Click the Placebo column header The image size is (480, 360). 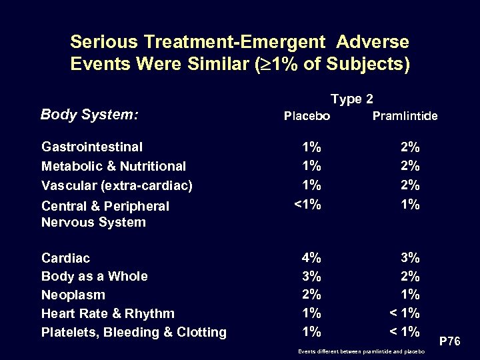pos(307,116)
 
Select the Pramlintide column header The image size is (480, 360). pos(405,116)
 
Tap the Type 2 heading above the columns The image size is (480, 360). pos(351,99)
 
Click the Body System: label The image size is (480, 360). pos(89,115)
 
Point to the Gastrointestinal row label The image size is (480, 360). pos(92,146)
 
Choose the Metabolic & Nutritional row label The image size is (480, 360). pos(113,165)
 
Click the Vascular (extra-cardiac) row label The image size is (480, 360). pos(117,185)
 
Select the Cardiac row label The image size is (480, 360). pos(65,257)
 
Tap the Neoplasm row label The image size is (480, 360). pos(73,295)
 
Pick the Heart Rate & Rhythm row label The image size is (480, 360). pos(108,313)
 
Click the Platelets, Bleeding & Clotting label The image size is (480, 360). pos(133,332)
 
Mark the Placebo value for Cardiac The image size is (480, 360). pos(311,257)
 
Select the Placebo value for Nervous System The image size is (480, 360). pos(307,205)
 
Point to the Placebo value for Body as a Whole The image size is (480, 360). pos(311,275)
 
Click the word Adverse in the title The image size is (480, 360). pos(373,42)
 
